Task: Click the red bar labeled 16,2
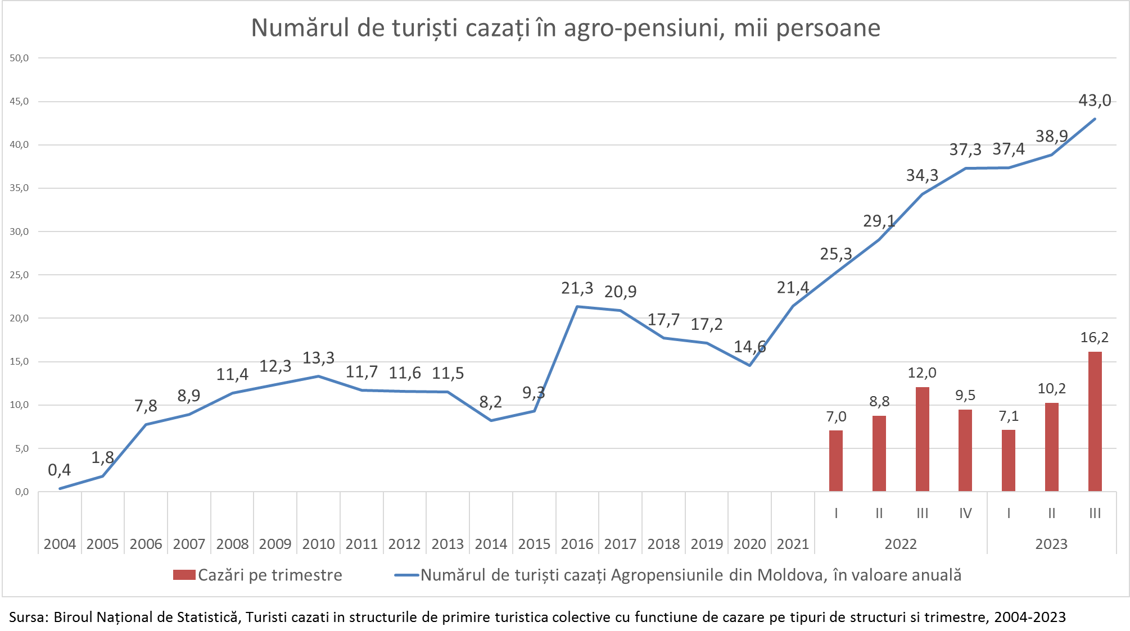coord(1095,421)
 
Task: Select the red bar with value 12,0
coord(922,439)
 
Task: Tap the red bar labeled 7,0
coord(836,461)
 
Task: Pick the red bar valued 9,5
coord(965,451)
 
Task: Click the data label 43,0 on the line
coord(1095,101)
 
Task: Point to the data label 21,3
coord(577,288)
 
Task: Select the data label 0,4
coord(60,470)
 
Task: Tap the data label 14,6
coord(749,347)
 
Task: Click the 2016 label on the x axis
coord(577,544)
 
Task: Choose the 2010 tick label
coord(318,544)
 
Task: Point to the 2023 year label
coord(1051,544)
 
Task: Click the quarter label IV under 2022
coord(965,513)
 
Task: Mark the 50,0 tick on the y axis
coord(19,58)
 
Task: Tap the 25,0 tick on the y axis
coord(19,275)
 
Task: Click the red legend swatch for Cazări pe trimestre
coord(184,575)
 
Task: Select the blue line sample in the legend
coord(406,575)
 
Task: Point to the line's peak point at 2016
coord(577,307)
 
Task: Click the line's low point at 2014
coord(491,420)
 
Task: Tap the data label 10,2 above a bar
coord(1051,389)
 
